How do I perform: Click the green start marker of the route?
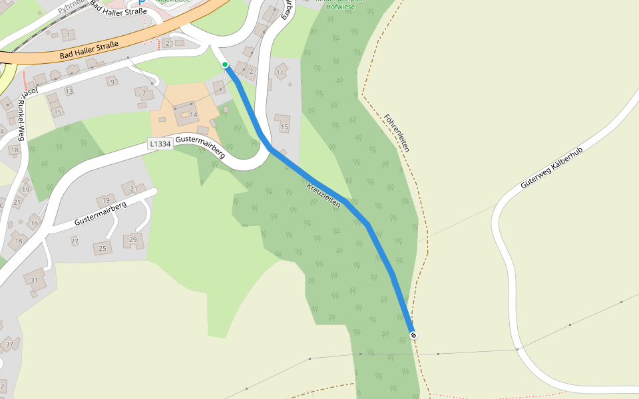click(x=226, y=65)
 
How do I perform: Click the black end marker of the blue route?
click(x=413, y=334)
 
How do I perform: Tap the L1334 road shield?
click(x=160, y=143)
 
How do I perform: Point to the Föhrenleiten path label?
click(x=397, y=133)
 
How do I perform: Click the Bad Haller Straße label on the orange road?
click(x=89, y=50)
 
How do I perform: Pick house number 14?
click(x=194, y=115)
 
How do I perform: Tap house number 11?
click(x=280, y=72)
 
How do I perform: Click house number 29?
click(x=132, y=239)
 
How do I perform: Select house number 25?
click(x=102, y=249)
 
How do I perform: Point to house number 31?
click(x=34, y=280)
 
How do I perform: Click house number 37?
click(x=9, y=344)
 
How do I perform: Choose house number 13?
click(x=69, y=91)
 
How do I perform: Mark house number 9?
click(x=112, y=82)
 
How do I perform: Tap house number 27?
click(x=75, y=241)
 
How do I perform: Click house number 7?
click(x=143, y=92)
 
